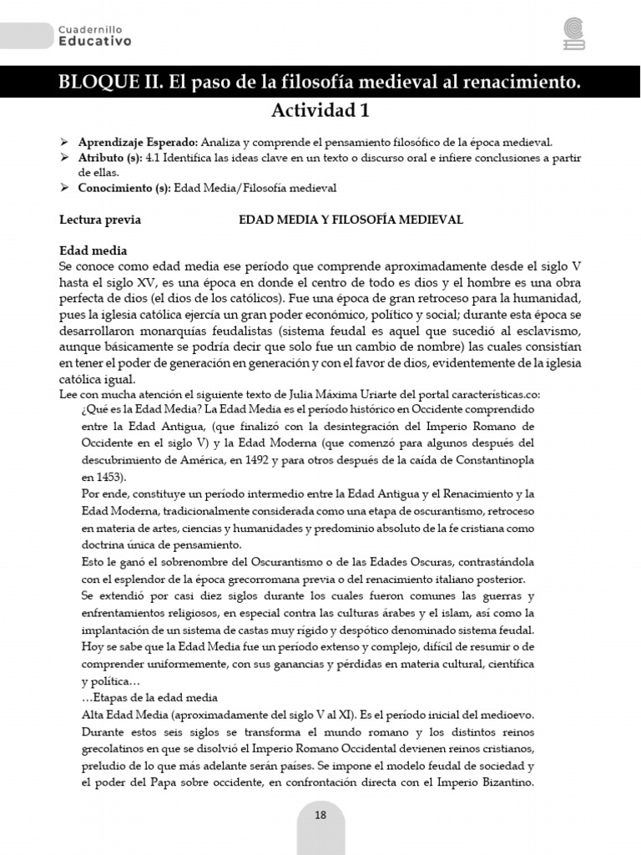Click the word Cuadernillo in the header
[x=94, y=28]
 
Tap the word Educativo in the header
[x=94, y=41]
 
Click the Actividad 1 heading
[x=320, y=110]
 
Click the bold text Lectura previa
[x=100, y=220]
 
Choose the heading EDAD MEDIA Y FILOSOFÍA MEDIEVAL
[x=351, y=220]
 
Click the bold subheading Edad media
[x=93, y=250]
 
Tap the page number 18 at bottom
[x=320, y=816]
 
